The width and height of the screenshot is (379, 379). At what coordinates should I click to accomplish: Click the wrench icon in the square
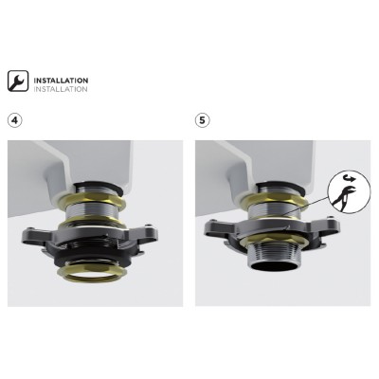click(x=18, y=81)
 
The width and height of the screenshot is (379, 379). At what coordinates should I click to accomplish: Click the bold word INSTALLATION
click(x=61, y=81)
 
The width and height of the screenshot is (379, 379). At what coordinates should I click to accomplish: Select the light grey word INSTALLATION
click(x=61, y=89)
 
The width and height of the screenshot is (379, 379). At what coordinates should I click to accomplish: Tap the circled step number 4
click(x=15, y=120)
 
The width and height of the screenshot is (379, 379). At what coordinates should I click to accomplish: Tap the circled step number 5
click(x=203, y=120)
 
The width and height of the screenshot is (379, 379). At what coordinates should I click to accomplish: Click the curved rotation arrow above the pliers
click(x=350, y=180)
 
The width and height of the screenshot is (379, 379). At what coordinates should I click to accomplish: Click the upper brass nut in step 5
click(x=274, y=198)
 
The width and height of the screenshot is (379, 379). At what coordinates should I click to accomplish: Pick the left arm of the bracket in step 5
click(x=219, y=226)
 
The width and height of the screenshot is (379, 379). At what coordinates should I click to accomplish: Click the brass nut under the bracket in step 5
click(x=274, y=242)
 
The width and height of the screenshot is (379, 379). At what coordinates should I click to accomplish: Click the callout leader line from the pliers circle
click(x=304, y=207)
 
